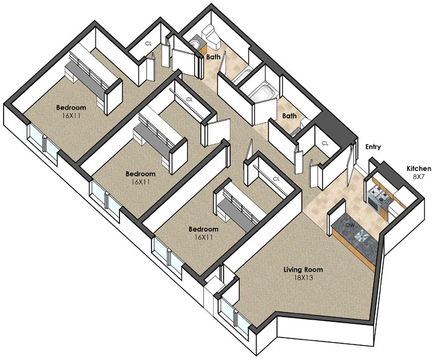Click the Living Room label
coord(303,269)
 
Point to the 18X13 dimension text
coord(303,277)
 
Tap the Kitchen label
coord(419,168)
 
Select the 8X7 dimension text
coord(419,177)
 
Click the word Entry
coord(373,147)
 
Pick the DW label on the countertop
coord(350,225)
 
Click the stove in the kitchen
coord(378,198)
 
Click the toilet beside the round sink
coord(211,35)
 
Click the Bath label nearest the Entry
coord(290,116)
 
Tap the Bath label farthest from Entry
coord(213,57)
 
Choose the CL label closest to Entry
coord(325,143)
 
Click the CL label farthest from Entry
coord(149,44)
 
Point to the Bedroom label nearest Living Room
coord(203,229)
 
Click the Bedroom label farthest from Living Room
coord(71,108)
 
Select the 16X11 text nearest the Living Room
coord(203,238)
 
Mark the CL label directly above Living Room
coord(276,179)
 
